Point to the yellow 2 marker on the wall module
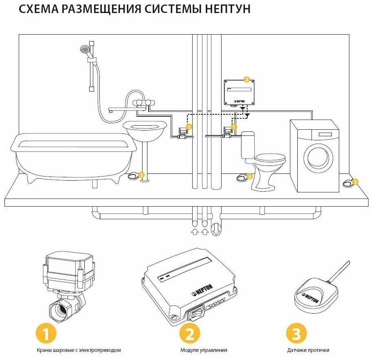[x=246, y=79]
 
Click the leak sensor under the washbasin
[x=134, y=176]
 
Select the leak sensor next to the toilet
[x=242, y=177]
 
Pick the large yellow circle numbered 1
[x=46, y=334]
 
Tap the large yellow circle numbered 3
[x=296, y=334]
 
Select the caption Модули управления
[x=204, y=350]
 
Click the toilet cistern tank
[x=248, y=144]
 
